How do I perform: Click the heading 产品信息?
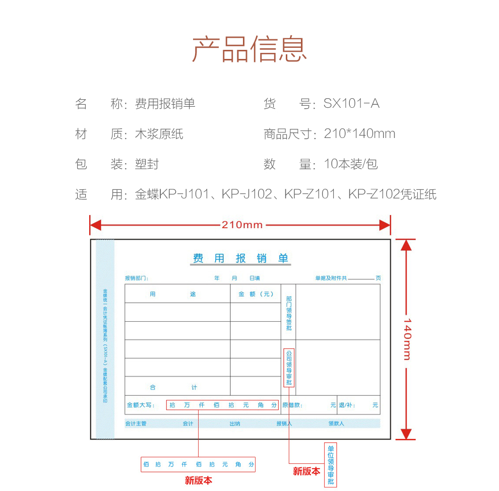[x=249, y=49]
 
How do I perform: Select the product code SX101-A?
[x=351, y=104]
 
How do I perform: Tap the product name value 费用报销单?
[x=165, y=104]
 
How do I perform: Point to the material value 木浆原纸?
[x=159, y=134]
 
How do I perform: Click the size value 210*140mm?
[x=359, y=134]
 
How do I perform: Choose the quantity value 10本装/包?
[x=351, y=164]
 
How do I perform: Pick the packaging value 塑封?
[x=147, y=164]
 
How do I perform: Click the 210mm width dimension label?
[x=242, y=225]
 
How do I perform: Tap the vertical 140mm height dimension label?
[x=407, y=339]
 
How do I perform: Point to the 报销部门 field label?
[x=137, y=278]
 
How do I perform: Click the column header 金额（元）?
[x=256, y=294]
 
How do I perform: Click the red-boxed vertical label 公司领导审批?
[x=289, y=368]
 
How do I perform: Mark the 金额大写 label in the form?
[x=141, y=405]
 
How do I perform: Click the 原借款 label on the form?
[x=292, y=405]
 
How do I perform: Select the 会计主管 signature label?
[x=136, y=424]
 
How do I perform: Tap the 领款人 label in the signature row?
[x=336, y=424]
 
